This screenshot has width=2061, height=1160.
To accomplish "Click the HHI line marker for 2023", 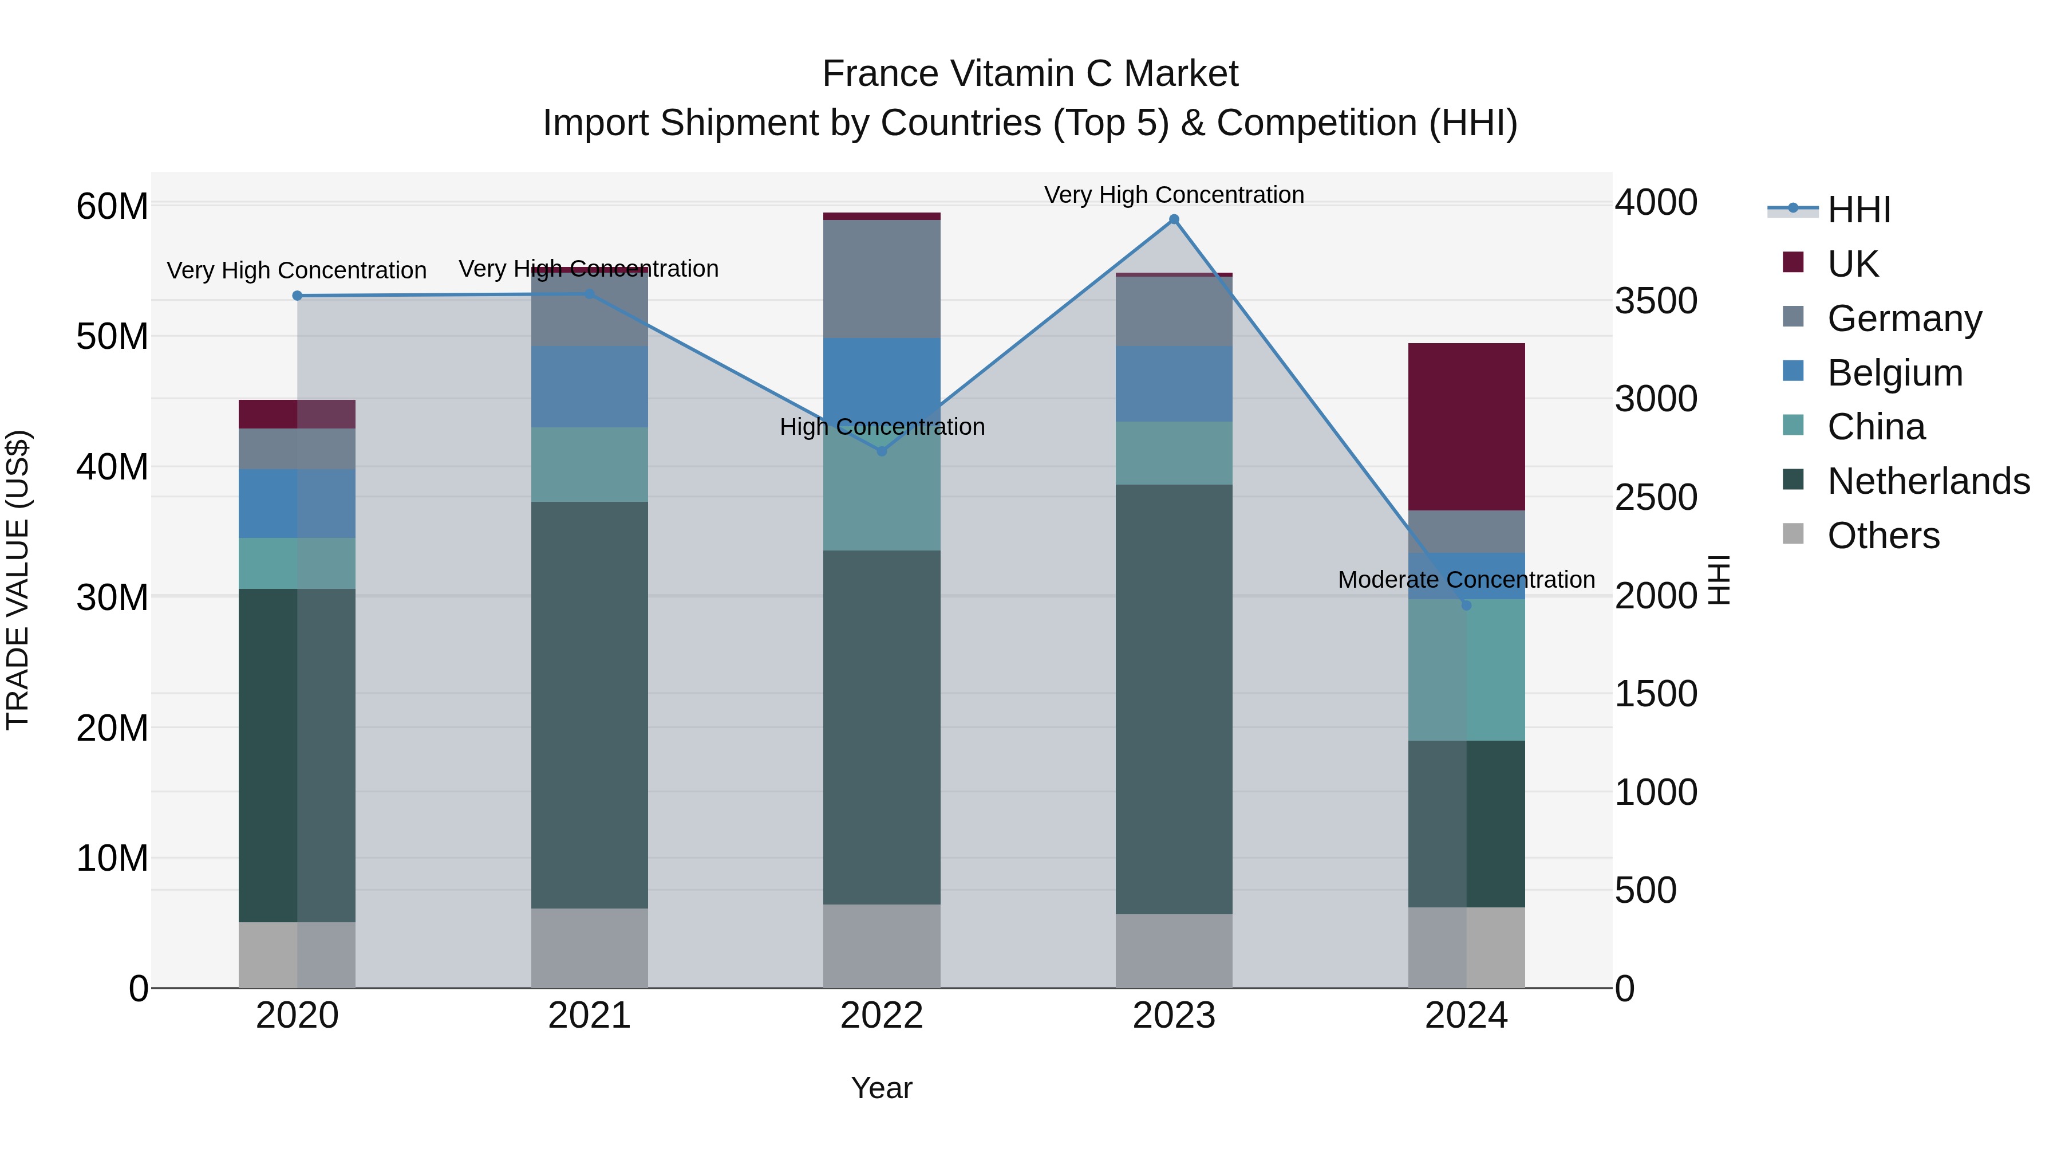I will point(1174,219).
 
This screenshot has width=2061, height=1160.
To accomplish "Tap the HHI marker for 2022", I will point(882,451).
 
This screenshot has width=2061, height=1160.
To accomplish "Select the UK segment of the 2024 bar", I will point(1466,427).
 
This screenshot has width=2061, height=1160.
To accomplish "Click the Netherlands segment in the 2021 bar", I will point(589,705).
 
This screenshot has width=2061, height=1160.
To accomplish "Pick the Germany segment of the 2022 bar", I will point(882,278).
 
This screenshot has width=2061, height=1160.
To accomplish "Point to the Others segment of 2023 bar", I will point(1174,950).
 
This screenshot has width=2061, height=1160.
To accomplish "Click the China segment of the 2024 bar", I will point(1466,670).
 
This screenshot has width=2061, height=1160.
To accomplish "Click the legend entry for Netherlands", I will point(1928,481).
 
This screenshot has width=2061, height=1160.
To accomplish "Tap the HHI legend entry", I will point(1858,210).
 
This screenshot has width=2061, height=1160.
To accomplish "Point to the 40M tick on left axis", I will point(112,467).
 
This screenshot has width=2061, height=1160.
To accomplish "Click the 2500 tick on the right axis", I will point(1655,497).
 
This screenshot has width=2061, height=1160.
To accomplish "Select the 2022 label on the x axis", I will point(882,1016).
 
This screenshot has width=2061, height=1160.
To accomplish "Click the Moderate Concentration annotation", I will point(1466,580).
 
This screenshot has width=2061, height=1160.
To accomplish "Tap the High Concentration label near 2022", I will point(882,427).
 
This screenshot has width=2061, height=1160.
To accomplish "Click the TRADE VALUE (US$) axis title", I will point(18,580).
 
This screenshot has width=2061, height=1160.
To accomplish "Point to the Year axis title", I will point(882,1088).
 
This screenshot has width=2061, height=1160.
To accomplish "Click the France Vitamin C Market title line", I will point(1030,74).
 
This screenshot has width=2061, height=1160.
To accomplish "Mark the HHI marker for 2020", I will point(297,296).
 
